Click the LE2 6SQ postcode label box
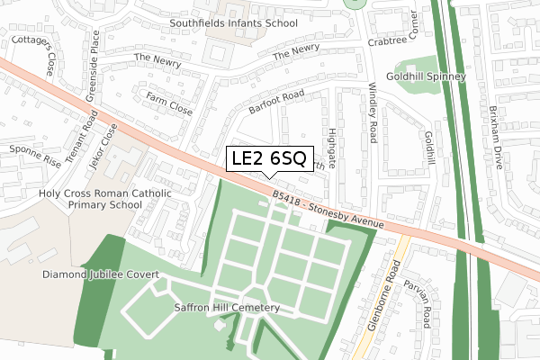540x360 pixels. point(269,159)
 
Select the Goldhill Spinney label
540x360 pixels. point(431,77)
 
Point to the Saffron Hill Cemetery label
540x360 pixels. point(227,308)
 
